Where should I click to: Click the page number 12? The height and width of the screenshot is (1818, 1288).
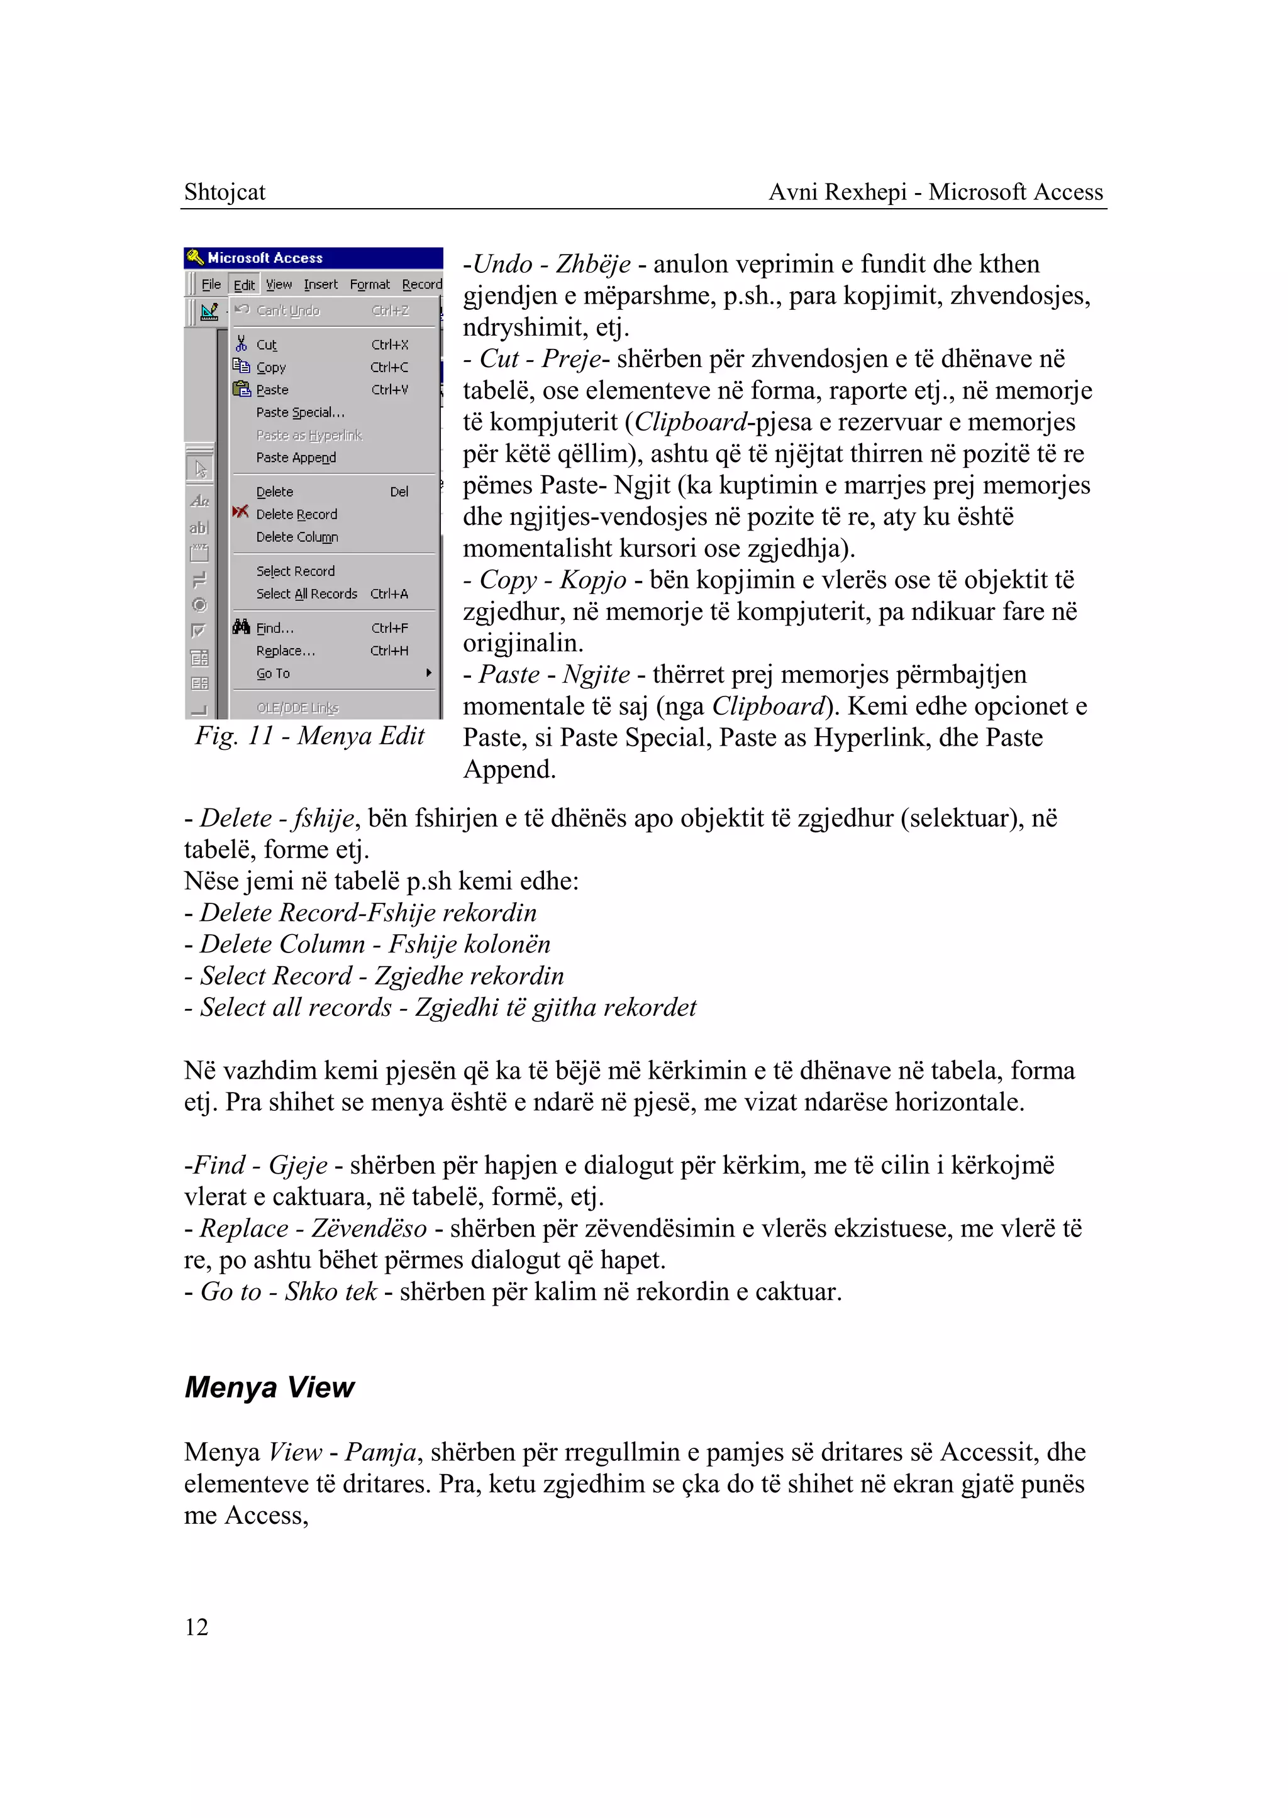(196, 1626)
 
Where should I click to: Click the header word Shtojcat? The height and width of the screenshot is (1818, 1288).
(225, 192)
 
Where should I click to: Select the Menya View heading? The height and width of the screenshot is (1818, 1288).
(269, 1387)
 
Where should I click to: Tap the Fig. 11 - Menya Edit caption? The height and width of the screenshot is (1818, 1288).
(310, 735)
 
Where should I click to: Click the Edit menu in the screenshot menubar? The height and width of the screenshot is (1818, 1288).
(244, 285)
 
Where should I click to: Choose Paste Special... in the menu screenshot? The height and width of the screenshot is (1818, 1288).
(300, 412)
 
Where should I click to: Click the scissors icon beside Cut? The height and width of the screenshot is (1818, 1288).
(241, 344)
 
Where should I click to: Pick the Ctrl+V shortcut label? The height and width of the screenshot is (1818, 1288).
(389, 390)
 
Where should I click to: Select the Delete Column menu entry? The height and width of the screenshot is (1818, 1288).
(297, 537)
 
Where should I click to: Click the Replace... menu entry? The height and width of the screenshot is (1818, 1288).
(286, 651)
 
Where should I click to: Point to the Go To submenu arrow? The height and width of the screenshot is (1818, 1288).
(428, 673)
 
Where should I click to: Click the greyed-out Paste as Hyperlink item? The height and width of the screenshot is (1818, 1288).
(309, 435)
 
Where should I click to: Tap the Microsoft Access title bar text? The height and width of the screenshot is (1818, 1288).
(265, 258)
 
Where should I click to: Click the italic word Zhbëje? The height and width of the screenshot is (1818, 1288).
(592, 264)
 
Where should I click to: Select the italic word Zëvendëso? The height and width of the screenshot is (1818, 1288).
(369, 1228)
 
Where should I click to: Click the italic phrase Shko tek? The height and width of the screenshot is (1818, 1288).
(331, 1292)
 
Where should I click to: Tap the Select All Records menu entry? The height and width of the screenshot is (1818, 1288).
(306, 594)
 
